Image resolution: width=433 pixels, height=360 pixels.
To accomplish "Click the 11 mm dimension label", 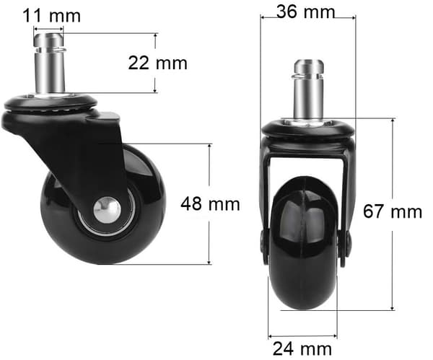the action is (52, 16).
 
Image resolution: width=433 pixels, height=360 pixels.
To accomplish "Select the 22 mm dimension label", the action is (157, 63).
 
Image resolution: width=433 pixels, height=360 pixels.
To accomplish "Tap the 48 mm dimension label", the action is (210, 204).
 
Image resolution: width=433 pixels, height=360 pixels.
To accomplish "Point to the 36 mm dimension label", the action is (306, 12).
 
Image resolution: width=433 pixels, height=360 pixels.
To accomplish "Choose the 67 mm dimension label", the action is (393, 211).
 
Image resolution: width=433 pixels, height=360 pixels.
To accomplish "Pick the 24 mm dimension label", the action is (302, 349).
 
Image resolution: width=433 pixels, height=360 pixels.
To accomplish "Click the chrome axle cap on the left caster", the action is (107, 210).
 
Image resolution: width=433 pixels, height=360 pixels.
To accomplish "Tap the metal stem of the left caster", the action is (50, 63).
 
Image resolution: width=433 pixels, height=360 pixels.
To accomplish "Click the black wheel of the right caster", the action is (303, 243).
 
